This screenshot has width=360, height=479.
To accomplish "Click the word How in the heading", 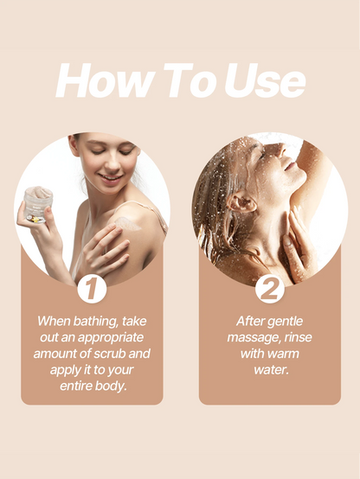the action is pos(104,80).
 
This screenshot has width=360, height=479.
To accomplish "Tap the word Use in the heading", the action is pos(265,80).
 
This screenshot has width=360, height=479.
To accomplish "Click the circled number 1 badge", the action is pos(92,289).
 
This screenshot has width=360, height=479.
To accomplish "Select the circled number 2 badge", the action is pos(270,289).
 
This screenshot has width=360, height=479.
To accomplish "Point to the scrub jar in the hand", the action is pos(38,204).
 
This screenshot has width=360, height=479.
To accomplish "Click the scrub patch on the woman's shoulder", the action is pos(127,224).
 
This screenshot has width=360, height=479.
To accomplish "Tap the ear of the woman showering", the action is pos(242,202).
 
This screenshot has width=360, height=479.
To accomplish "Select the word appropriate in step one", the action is pos(111,337).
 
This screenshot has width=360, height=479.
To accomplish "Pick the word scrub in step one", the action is pos(110,354).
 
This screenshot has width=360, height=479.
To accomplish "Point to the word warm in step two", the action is pos(283,354).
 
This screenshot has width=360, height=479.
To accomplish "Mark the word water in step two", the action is pos(272,370).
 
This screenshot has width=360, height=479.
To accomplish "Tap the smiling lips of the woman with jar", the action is pos(111,178).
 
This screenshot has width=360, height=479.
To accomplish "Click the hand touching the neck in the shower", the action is pos(294,245).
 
